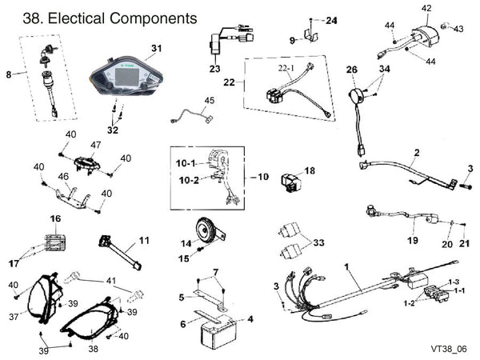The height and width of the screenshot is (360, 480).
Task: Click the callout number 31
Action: click(x=156, y=48)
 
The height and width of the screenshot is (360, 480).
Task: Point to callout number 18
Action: click(x=310, y=170)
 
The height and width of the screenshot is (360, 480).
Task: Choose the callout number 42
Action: click(x=426, y=8)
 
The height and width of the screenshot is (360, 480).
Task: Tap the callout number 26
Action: click(x=350, y=70)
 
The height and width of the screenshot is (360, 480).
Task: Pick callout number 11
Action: click(x=144, y=240)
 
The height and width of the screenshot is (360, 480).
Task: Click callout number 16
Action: click(x=55, y=218)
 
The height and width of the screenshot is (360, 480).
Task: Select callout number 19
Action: click(x=413, y=239)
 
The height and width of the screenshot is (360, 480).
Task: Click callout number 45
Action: click(x=209, y=100)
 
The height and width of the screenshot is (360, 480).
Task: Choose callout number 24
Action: click(x=332, y=19)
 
